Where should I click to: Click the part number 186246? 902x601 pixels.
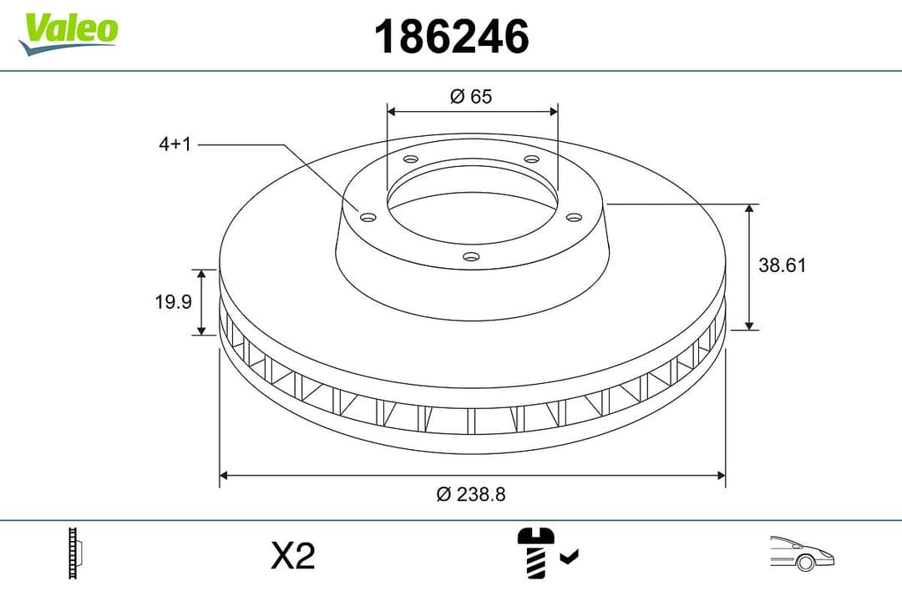pyautogui.click(x=451, y=37)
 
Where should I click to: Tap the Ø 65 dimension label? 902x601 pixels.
pyautogui.click(x=471, y=97)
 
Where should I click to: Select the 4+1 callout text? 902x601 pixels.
pyautogui.click(x=175, y=144)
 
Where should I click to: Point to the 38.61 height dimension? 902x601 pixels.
pyautogui.click(x=782, y=265)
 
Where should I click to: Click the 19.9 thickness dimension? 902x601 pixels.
pyautogui.click(x=173, y=302)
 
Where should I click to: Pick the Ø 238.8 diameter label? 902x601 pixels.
pyautogui.click(x=471, y=494)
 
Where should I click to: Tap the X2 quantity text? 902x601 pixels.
pyautogui.click(x=293, y=556)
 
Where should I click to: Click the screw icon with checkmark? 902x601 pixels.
pyautogui.click(x=547, y=553)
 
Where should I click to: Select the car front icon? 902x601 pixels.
pyautogui.click(x=801, y=553)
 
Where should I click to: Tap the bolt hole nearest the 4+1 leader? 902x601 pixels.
pyautogui.click(x=367, y=217)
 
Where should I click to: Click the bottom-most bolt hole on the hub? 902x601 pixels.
pyautogui.click(x=471, y=256)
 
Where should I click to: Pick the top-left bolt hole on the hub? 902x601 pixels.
pyautogui.click(x=410, y=159)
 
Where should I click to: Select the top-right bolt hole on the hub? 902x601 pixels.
pyautogui.click(x=531, y=159)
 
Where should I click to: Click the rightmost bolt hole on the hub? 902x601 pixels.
pyautogui.click(x=574, y=217)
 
